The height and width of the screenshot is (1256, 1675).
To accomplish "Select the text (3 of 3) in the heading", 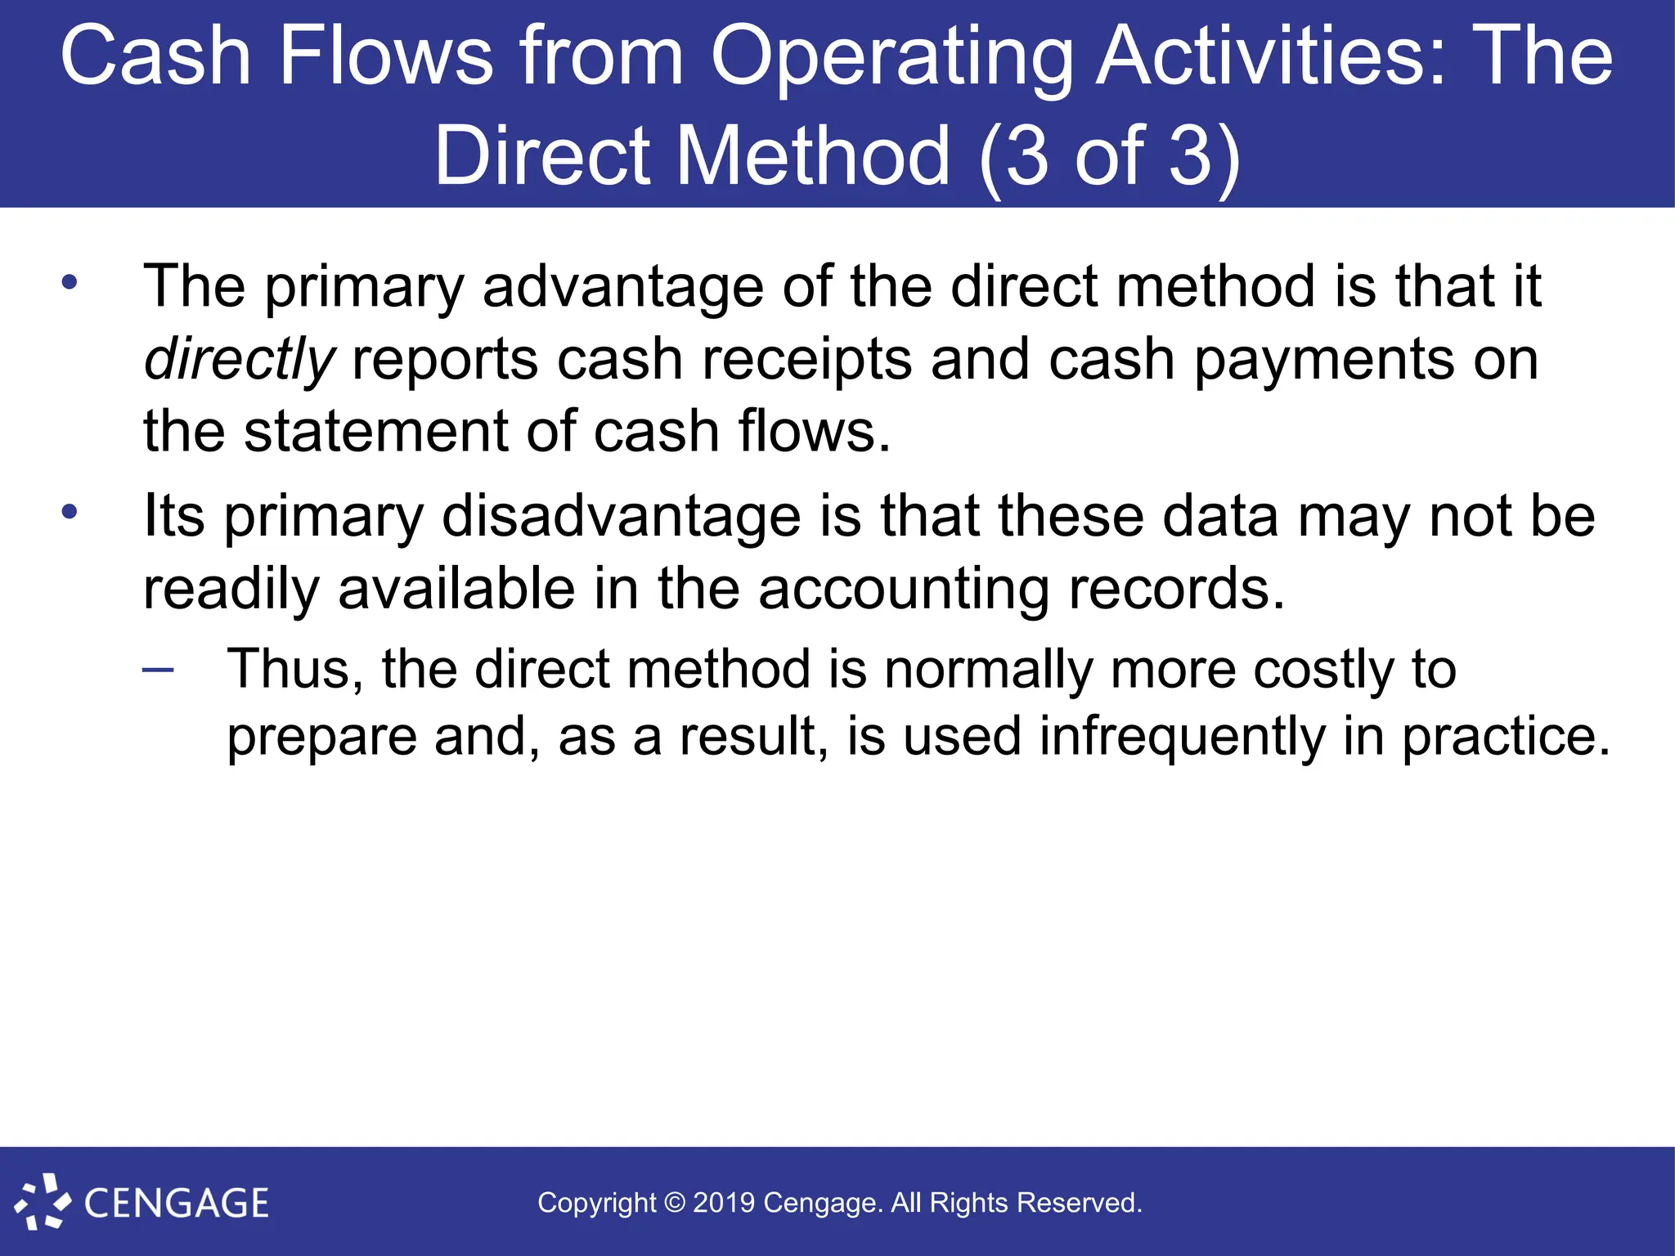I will pyautogui.click(x=1109, y=155).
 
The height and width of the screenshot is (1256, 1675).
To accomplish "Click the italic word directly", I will pyautogui.click(x=239, y=360).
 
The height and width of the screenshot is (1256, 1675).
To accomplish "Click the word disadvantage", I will pyautogui.click(x=622, y=517).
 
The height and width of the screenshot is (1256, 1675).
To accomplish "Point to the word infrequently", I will pyautogui.click(x=1183, y=736).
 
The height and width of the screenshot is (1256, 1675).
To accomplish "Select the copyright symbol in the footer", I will pyautogui.click(x=674, y=1203).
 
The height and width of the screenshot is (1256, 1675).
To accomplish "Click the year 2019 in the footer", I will pyautogui.click(x=723, y=1203).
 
